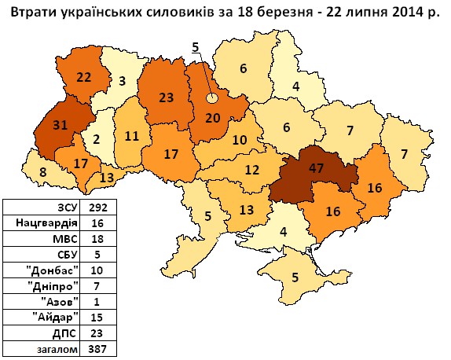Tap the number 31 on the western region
(x=58, y=124)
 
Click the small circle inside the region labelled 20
(x=211, y=98)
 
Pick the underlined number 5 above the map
(x=195, y=47)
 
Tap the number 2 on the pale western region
(x=96, y=140)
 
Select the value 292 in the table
(x=103, y=208)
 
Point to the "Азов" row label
(x=61, y=300)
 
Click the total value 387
(x=103, y=347)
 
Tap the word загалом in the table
(x=59, y=347)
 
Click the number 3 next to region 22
(x=122, y=80)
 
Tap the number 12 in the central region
(x=251, y=169)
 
